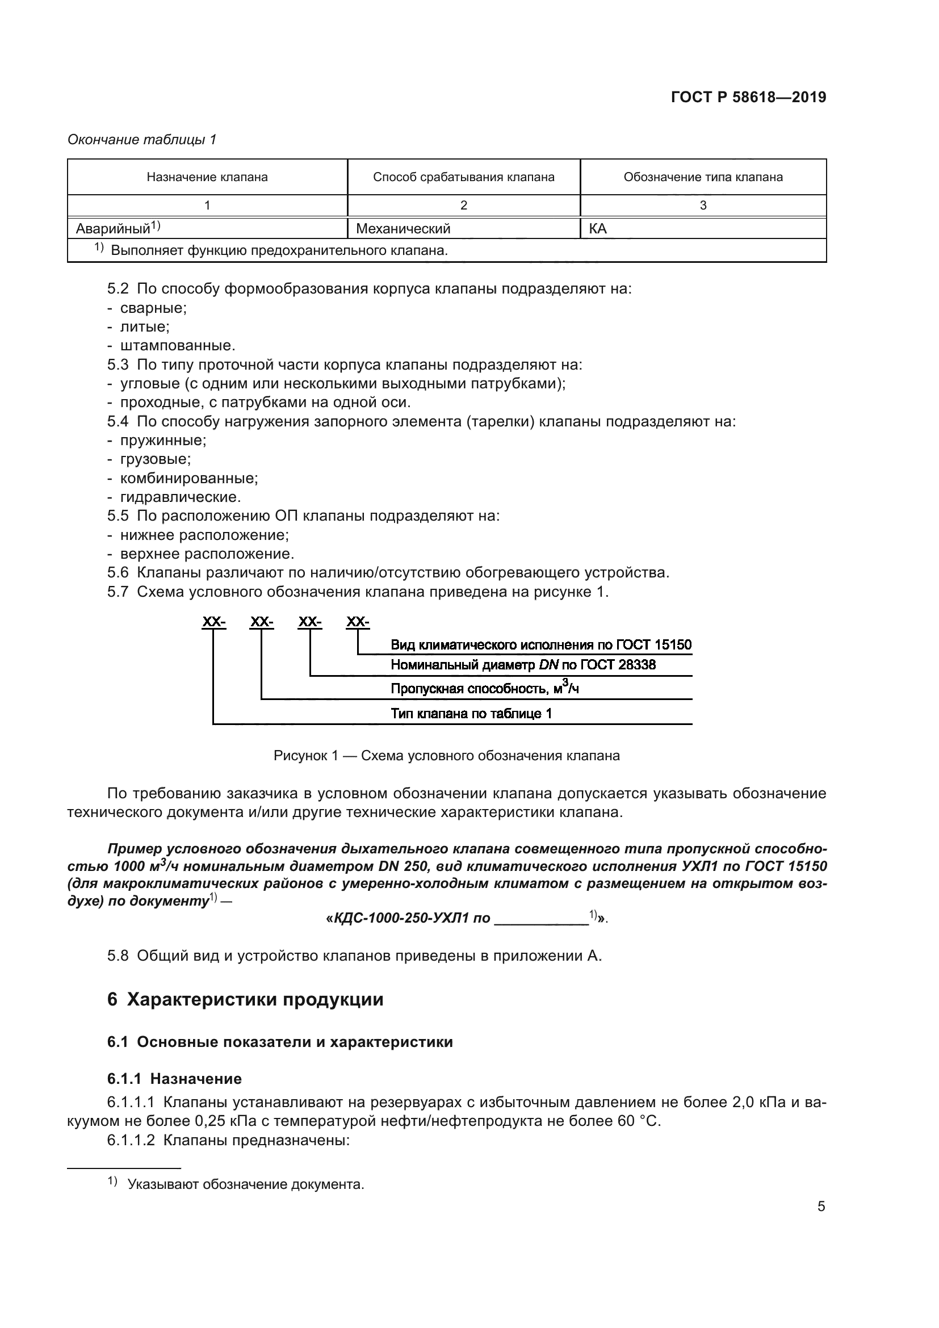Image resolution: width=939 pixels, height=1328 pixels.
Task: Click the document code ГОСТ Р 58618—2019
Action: pos(748,97)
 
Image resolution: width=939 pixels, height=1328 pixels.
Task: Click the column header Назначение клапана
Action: pos(207,177)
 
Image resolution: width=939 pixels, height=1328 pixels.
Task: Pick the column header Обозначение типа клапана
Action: pos(702,177)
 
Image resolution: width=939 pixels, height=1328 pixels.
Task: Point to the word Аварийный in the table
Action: pos(114,229)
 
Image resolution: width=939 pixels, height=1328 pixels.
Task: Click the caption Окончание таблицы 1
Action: pos(142,140)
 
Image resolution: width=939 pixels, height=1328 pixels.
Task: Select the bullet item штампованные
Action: pos(178,346)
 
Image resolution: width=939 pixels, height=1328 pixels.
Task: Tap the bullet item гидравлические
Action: pos(181,497)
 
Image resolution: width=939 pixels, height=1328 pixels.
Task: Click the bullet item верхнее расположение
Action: pos(207,554)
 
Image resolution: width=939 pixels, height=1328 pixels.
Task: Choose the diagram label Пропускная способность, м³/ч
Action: pos(484,688)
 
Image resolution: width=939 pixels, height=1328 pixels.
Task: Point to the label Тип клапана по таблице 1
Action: pos(471,713)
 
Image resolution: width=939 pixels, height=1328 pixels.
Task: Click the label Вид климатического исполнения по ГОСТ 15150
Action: pos(540,645)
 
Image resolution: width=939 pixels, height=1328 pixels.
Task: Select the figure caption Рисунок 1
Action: pos(446,755)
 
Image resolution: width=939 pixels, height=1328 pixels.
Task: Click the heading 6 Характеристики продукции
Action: pos(245,999)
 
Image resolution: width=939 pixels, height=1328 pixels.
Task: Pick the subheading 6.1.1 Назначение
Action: pos(174,1078)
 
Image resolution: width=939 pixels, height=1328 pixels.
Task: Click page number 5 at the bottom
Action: pos(821,1206)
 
